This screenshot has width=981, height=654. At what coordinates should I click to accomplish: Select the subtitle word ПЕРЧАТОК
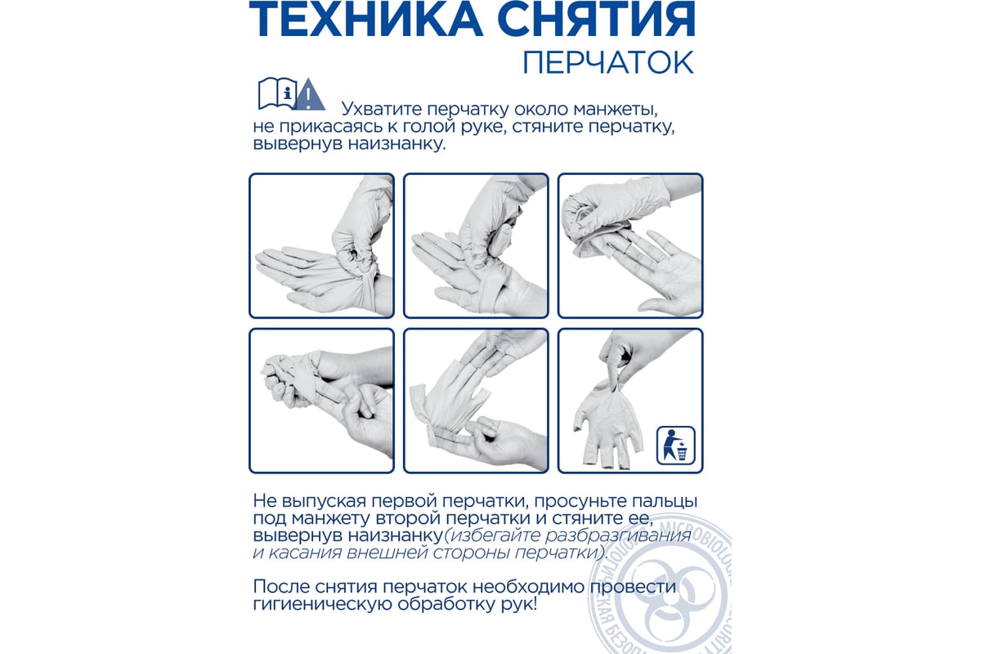point(609,63)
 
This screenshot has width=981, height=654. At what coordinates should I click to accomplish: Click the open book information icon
point(277,94)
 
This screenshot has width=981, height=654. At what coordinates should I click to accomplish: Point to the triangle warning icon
point(309,94)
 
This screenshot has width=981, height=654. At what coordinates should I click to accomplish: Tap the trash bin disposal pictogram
point(676,446)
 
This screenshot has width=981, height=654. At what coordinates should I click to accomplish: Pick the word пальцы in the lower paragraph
point(656,501)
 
